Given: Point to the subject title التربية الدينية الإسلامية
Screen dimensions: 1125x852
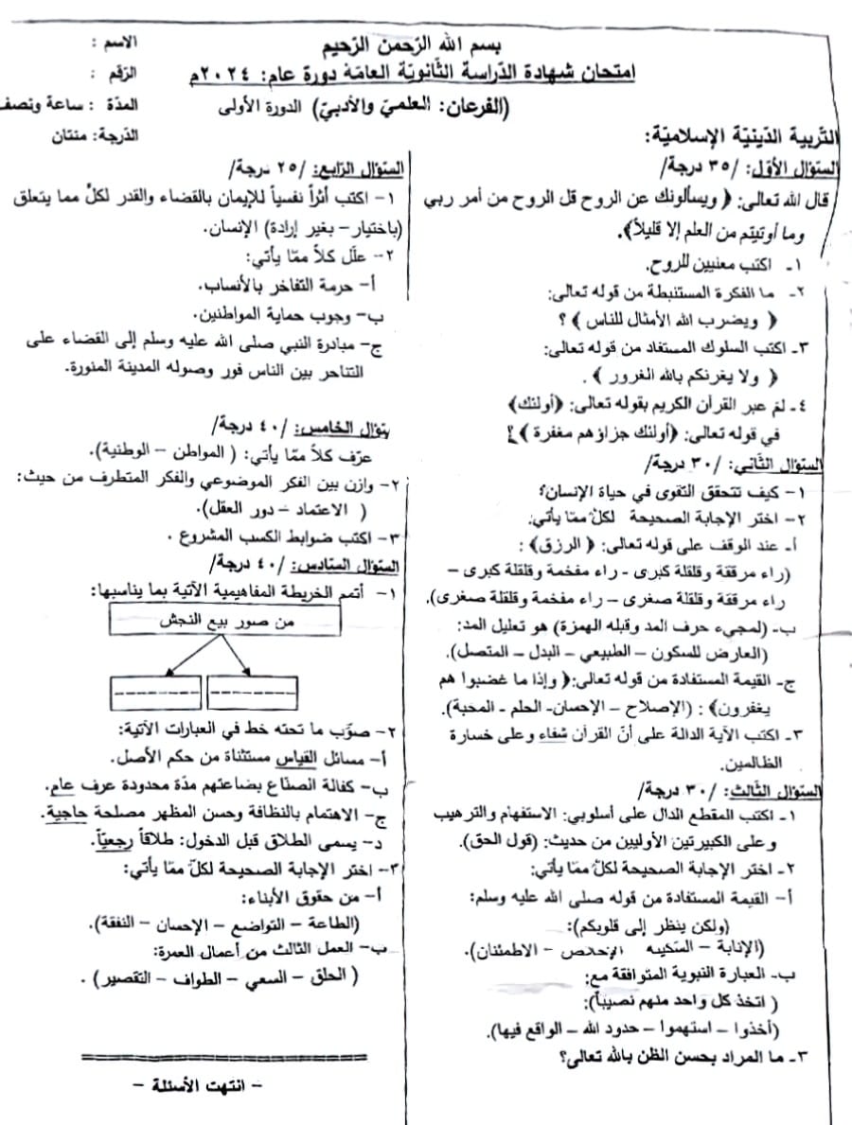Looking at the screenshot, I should click(741, 137).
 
